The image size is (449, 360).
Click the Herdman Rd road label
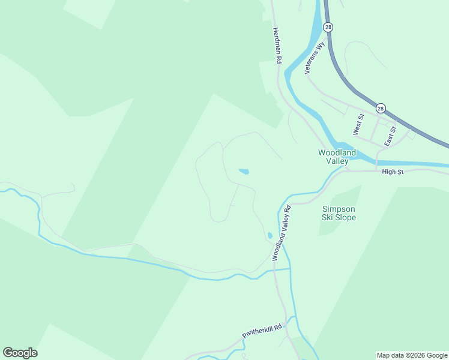(x=277, y=46)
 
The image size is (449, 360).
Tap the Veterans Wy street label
(x=315, y=58)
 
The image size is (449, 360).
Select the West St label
(x=358, y=124)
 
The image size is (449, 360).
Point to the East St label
(x=390, y=136)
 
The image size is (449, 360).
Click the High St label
(x=393, y=172)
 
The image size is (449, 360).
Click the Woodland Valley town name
(x=337, y=157)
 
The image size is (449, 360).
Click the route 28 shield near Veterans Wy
(x=328, y=27)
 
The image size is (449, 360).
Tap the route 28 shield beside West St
(x=381, y=109)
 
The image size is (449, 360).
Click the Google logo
(x=20, y=353)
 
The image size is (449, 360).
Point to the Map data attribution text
(x=412, y=355)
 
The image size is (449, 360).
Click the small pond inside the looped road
(x=244, y=172)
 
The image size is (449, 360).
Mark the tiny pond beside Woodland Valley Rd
(x=270, y=235)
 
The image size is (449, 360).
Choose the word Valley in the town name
(x=337, y=161)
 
